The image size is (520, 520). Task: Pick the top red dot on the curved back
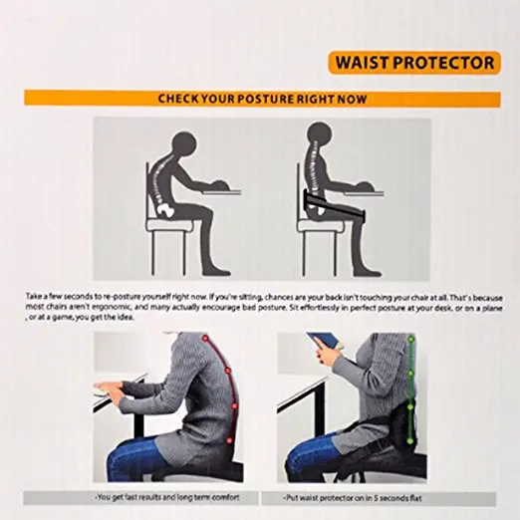(206, 342)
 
